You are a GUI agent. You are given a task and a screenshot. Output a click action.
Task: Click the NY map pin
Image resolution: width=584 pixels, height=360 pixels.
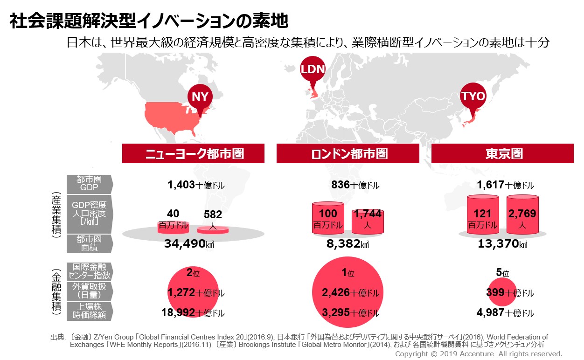(x=200, y=97)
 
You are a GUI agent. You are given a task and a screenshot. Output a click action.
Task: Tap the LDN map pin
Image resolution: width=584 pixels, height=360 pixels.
(x=312, y=70)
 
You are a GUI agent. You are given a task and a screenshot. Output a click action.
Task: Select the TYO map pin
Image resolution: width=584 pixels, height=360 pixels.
(x=473, y=97)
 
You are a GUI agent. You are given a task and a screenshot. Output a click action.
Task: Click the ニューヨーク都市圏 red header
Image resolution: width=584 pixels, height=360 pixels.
(x=193, y=153)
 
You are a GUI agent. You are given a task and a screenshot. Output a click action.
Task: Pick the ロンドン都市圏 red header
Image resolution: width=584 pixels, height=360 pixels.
(x=349, y=153)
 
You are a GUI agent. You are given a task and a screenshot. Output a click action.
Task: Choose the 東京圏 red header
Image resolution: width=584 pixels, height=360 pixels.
(x=502, y=153)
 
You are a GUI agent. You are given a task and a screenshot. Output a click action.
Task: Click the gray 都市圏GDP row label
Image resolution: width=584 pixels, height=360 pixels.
(x=89, y=184)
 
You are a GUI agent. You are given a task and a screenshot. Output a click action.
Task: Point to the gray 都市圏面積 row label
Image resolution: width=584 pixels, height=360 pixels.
(x=89, y=243)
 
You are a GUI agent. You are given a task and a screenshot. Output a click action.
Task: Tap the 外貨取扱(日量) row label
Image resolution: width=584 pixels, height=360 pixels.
(x=89, y=291)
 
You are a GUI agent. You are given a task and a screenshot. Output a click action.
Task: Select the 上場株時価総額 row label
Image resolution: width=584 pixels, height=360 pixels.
(x=89, y=311)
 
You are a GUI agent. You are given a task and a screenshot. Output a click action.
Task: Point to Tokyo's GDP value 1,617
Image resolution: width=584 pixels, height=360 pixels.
(x=490, y=185)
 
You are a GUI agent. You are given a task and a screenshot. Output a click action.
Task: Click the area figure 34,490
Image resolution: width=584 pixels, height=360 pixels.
(x=185, y=243)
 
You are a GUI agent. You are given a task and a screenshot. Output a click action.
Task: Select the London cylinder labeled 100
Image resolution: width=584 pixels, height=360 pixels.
(x=327, y=217)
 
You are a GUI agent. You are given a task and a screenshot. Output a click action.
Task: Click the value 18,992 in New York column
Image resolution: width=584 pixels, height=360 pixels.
(x=178, y=312)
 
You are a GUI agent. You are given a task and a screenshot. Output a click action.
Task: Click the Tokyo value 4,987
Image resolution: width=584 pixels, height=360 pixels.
(x=490, y=312)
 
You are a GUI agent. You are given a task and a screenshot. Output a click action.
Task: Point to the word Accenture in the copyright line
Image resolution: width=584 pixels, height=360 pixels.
(x=468, y=354)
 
